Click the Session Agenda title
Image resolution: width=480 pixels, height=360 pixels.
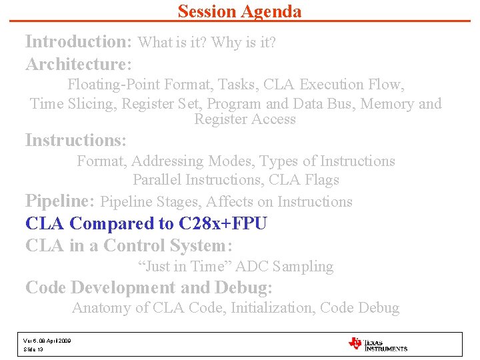pos(239,11)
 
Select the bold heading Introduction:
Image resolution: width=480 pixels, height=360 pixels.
pos(79,42)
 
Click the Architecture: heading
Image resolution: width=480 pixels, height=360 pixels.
pos(79,65)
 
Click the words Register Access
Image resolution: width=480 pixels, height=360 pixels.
pos(245,120)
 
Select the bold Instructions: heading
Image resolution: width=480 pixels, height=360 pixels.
pos(75,141)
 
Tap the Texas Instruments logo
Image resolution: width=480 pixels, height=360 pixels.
pos(377,344)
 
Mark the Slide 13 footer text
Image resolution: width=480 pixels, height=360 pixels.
pos(34,349)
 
